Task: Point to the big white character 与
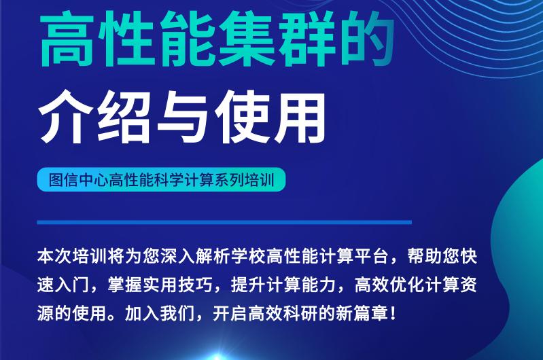183,116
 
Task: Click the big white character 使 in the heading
242,116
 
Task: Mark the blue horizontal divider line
224,222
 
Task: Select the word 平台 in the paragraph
371,257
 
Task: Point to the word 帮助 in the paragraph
425,257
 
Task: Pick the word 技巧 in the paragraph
196,285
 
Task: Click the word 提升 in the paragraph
248,285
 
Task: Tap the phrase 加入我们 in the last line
160,314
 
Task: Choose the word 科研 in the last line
300,314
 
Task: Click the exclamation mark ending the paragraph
392,314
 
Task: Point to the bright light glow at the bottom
217,357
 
